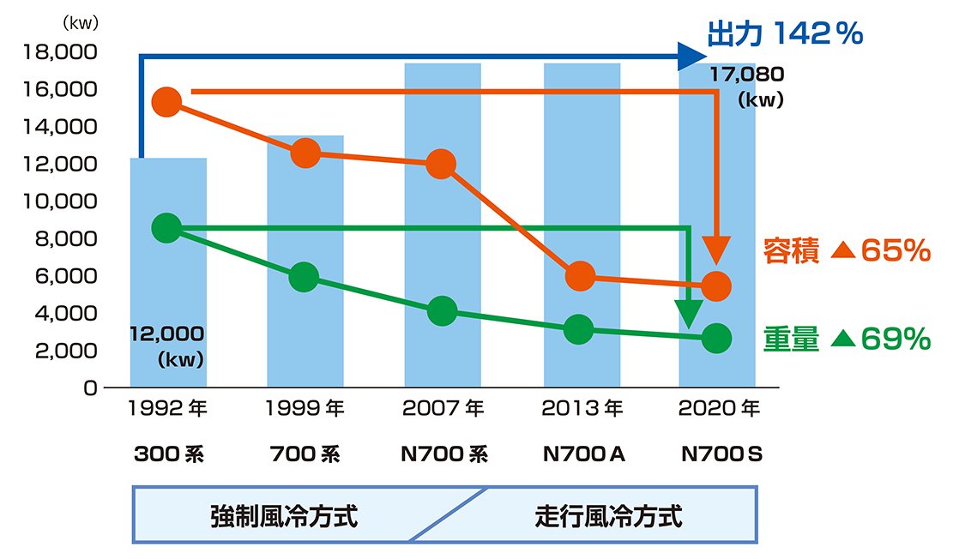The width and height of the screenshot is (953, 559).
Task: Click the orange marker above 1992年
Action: tap(167, 101)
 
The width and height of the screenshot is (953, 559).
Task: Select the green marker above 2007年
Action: tap(442, 311)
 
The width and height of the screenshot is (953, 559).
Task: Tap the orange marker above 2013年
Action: tap(580, 275)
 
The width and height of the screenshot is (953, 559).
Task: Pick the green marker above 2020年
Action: tap(717, 339)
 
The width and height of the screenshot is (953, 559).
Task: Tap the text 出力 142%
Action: tap(782, 34)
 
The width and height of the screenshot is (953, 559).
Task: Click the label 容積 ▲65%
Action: tap(846, 251)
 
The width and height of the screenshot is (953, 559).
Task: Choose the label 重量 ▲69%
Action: tap(846, 340)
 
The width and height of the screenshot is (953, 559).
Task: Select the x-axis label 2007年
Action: tap(443, 408)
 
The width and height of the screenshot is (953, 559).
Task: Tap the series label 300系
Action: tap(168, 454)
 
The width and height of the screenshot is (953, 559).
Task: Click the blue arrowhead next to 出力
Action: tap(691, 57)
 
